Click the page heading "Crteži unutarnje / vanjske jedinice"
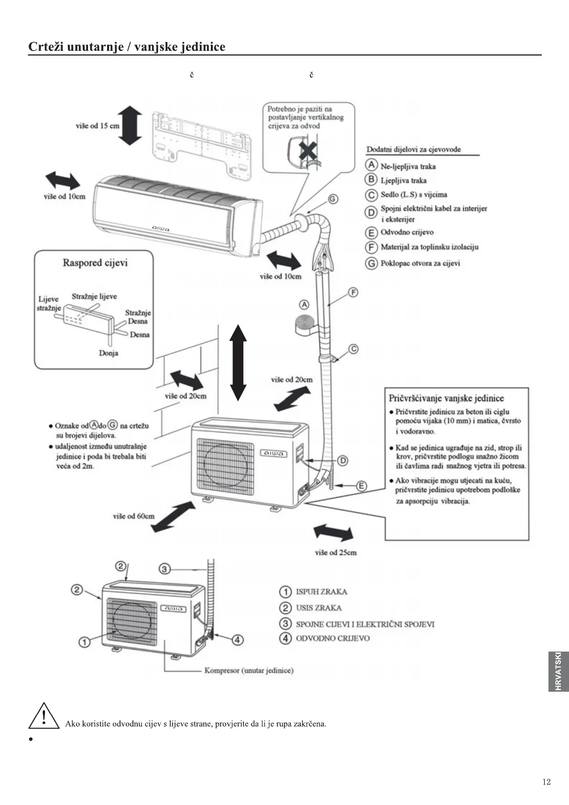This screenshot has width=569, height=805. pos(127,47)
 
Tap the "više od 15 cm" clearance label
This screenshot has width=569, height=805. pos(98,126)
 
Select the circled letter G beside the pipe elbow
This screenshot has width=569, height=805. pos(333,199)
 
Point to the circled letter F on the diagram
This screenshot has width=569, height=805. pos(353,292)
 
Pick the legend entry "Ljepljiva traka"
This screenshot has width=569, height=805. pos(403,180)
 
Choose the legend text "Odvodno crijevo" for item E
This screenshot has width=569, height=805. pos(407,232)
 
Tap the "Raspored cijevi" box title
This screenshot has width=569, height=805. pos(95,262)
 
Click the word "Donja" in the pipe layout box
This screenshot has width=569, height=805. pos(109,353)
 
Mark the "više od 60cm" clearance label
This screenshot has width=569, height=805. pos(134,516)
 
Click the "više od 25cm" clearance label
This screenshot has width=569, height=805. pos(336,553)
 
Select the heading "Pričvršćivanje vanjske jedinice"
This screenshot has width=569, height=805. pos(446,398)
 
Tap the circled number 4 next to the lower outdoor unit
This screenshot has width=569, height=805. pos(238,640)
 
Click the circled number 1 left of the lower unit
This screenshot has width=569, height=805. pos(84,642)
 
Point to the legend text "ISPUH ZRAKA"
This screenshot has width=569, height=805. pos(321,592)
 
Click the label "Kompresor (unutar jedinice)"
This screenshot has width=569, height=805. pos(249,670)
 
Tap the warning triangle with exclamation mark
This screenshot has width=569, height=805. pos(44,716)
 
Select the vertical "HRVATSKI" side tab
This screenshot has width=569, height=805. pos(558,671)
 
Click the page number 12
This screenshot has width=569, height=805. pos(547,782)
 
